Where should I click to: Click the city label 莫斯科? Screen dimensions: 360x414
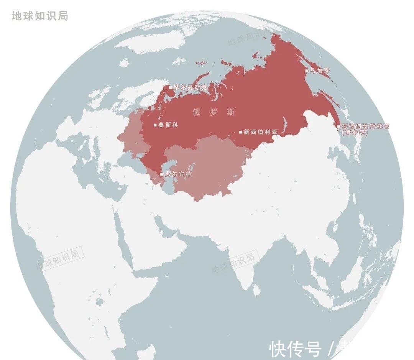[x=168, y=125]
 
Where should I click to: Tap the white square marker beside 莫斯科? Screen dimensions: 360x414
[x=155, y=125]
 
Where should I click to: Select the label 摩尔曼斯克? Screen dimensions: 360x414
[x=190, y=87]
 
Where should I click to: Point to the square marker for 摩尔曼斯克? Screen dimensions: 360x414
[x=171, y=87]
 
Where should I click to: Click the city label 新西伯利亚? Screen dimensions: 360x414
[x=260, y=132]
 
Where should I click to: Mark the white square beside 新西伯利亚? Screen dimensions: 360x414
[x=241, y=132]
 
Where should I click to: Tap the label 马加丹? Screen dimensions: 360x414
[x=319, y=71]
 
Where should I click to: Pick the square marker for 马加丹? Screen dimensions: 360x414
[x=306, y=71]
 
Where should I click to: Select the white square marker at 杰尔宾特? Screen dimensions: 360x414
[x=161, y=174]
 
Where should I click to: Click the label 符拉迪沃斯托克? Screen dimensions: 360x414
[x=365, y=126]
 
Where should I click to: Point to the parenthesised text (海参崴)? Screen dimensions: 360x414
[x=355, y=132]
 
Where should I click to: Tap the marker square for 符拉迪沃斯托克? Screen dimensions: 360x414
[x=338, y=126]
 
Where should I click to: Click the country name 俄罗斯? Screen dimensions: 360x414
[x=214, y=112]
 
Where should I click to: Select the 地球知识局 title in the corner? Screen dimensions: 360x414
[x=40, y=16]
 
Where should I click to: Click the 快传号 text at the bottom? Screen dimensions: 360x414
[x=295, y=348]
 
